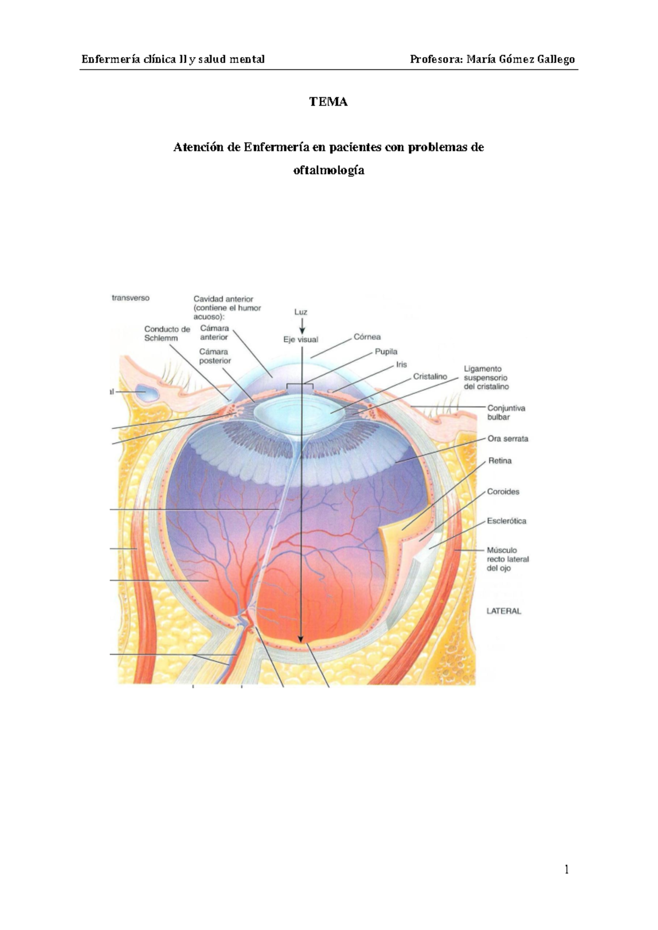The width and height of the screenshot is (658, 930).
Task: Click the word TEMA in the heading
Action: pos(328,102)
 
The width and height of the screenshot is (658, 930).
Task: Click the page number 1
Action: pos(567,870)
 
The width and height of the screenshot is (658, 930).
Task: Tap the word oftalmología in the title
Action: pos(328,170)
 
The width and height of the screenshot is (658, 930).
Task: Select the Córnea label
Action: pos(367,337)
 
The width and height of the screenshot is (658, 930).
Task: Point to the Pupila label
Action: pos(386,351)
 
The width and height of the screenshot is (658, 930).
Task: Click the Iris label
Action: pos(401,364)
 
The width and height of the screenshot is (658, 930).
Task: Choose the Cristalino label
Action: pos(430,377)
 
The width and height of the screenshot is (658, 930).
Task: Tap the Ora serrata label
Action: pos(508,439)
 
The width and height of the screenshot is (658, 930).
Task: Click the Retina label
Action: pos(500,461)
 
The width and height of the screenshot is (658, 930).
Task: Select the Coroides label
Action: pos(503,491)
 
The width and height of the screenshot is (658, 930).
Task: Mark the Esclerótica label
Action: pos(506,521)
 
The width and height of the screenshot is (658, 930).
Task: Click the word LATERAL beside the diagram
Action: pos(503,611)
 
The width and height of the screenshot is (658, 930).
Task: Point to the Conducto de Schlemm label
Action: pos(167,333)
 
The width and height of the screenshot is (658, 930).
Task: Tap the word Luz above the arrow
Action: pos(300,311)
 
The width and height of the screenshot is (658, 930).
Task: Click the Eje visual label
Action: pos(300,339)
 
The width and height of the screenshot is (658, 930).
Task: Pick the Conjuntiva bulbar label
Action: pos(506,412)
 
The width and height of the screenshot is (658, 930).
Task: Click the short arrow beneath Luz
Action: pos(301,326)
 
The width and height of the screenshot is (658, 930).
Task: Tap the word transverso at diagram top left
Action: pos(131,298)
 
